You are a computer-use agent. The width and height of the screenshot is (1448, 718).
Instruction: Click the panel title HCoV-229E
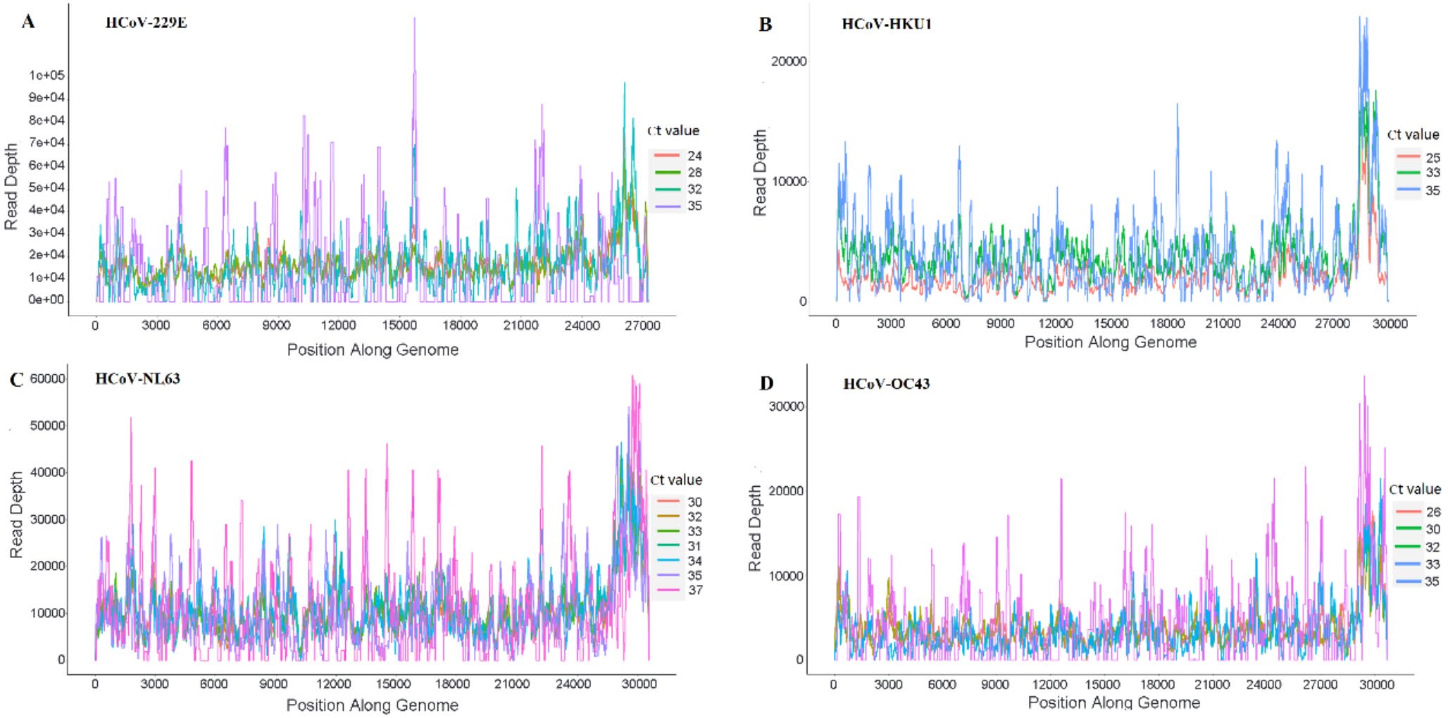[x=146, y=23]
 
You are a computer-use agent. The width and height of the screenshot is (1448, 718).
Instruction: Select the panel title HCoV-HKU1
[x=887, y=24]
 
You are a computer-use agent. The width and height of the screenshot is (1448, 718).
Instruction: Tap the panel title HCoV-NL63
[x=137, y=379]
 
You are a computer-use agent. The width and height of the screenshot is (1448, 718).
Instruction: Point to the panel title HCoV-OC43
[x=886, y=384]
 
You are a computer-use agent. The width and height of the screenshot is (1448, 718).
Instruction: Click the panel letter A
[x=27, y=22]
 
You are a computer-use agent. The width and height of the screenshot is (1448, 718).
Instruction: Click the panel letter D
[x=766, y=383]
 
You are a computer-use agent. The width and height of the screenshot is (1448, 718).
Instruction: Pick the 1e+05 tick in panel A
[x=46, y=75]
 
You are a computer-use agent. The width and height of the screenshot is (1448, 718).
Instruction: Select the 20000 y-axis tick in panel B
[x=788, y=61]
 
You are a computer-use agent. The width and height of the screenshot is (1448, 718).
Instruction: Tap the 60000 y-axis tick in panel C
[x=47, y=379]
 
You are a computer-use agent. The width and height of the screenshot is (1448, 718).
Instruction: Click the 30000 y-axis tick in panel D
[x=786, y=407]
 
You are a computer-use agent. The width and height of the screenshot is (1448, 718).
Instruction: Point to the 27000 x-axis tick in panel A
[x=642, y=326]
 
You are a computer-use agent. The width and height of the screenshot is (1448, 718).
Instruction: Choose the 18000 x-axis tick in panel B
[x=1167, y=324]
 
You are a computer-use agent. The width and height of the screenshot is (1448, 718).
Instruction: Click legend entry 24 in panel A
[x=694, y=156]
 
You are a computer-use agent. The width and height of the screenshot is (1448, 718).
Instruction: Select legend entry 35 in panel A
[x=694, y=206]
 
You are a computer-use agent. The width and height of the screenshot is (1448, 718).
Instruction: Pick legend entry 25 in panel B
[x=1433, y=158]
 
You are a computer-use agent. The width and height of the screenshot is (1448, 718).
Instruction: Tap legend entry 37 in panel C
[x=694, y=590]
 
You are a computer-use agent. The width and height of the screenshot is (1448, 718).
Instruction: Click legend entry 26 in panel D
[x=1433, y=512]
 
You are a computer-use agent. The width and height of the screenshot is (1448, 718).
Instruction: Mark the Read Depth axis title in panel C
[x=16, y=515]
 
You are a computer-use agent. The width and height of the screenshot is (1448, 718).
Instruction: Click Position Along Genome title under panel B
[x=1111, y=342]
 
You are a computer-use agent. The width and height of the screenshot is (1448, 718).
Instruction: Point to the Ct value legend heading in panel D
[x=1414, y=489]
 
